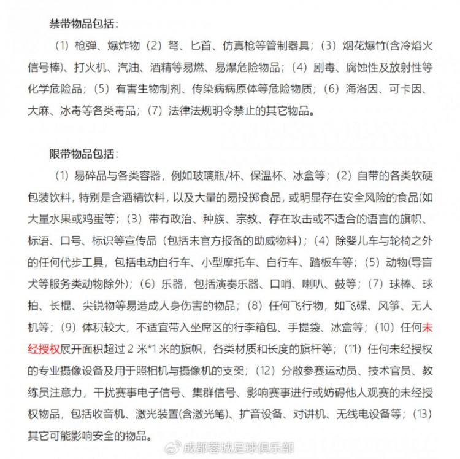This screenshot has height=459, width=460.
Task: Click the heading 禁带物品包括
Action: (x=83, y=25)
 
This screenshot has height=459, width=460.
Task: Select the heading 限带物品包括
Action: (x=83, y=153)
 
